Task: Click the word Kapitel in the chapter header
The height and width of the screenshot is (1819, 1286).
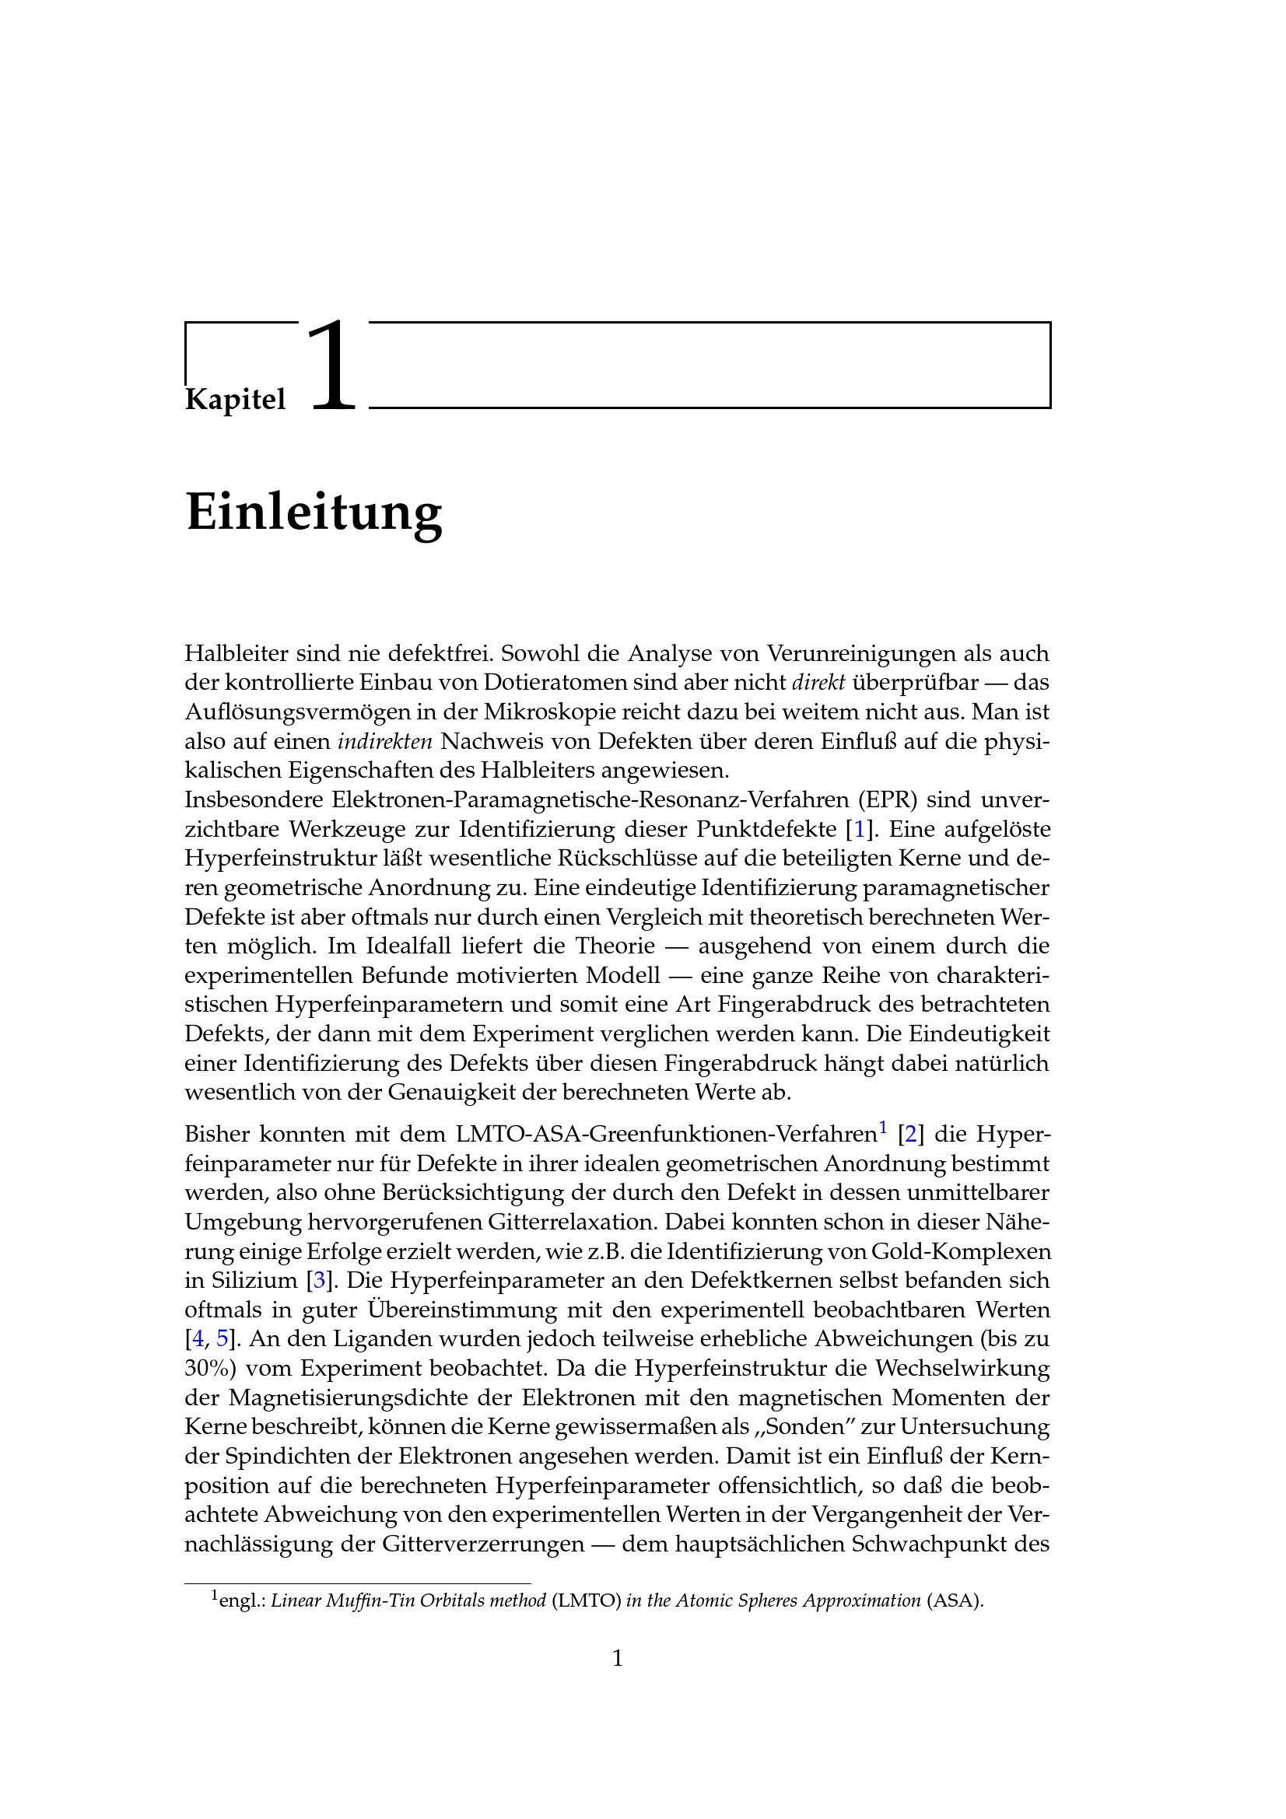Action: pos(235,399)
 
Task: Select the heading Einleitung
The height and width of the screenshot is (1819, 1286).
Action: pos(314,512)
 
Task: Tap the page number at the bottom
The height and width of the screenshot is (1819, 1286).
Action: pos(618,1658)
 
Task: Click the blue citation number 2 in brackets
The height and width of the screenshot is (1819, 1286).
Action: pos(910,1135)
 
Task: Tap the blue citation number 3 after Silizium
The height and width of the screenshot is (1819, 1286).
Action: pos(319,1280)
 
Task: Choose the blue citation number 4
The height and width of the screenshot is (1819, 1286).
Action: pos(198,1339)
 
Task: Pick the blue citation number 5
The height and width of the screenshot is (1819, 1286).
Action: pos(222,1339)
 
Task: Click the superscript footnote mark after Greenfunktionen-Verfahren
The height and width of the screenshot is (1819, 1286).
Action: pos(884,1128)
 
